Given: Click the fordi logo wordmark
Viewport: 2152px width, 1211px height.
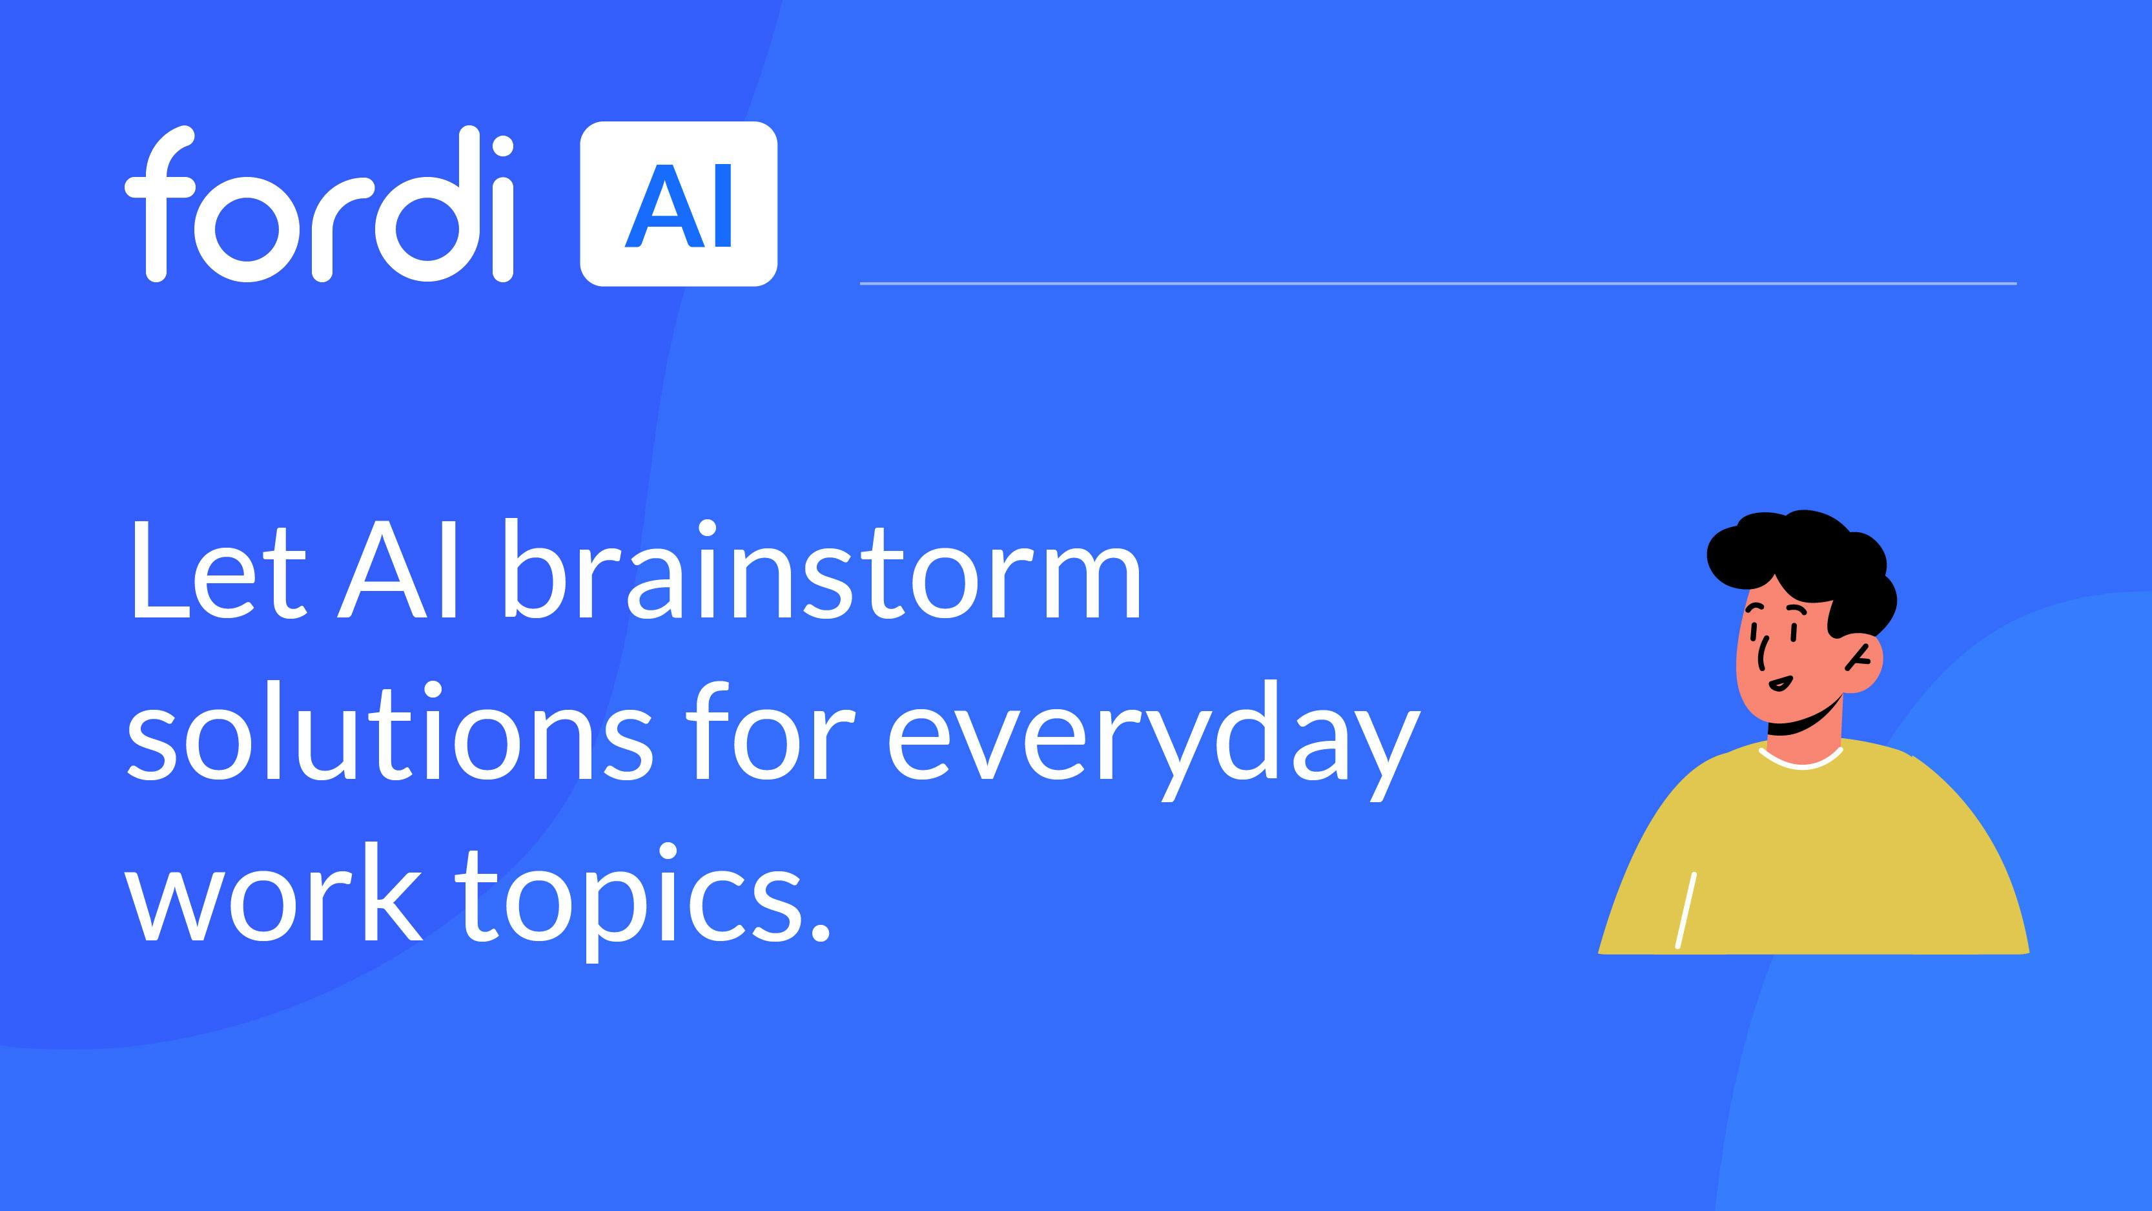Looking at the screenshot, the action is pos(318,204).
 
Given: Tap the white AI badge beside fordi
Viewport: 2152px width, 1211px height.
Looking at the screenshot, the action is pos(679,204).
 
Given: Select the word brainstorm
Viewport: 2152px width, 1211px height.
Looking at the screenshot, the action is pos(822,571).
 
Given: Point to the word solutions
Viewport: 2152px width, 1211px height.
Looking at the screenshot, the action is pos(389,731).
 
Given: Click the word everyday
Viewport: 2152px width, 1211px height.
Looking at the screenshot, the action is pos(1154,740).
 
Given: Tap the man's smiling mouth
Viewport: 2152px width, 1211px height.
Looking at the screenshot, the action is pos(1779,683).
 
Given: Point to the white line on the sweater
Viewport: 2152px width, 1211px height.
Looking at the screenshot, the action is pos(1686,910).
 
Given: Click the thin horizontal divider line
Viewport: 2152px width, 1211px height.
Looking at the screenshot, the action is pos(1438,284).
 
